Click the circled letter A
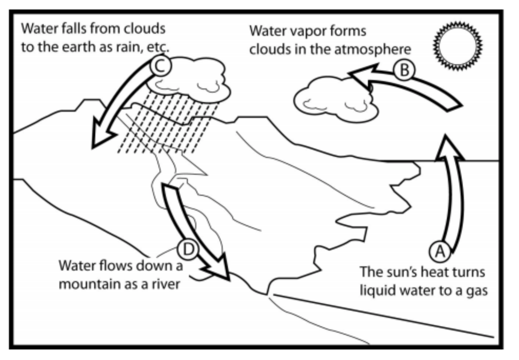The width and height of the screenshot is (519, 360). pos(440,252)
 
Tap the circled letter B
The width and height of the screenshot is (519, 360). pos(404,70)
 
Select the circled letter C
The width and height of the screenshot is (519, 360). pos(161,66)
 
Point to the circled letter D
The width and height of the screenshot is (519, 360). pos(188,249)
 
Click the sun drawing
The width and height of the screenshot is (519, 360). pos(458,46)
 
